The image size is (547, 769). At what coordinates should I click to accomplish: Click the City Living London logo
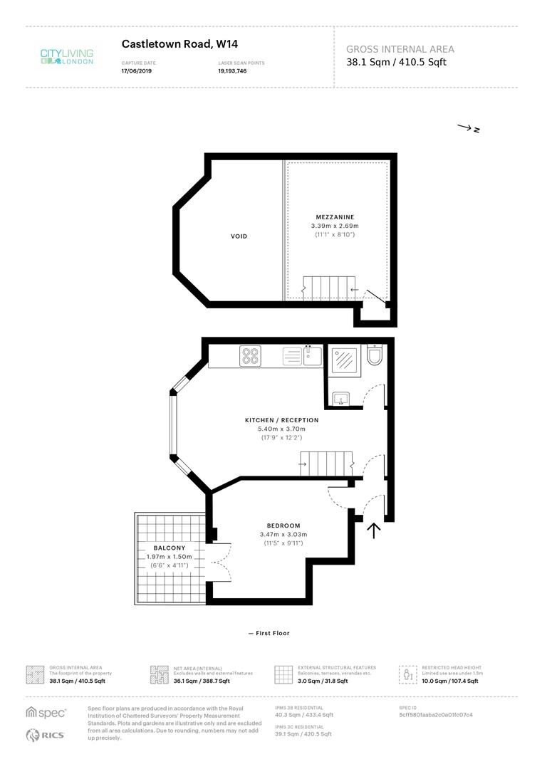coord(66,56)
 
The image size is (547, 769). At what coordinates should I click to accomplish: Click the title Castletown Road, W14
coord(167,44)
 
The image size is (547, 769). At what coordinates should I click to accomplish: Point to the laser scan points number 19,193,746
coord(233,71)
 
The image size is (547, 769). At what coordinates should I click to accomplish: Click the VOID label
coord(239,236)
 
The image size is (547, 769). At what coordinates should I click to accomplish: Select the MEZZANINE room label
coord(335,216)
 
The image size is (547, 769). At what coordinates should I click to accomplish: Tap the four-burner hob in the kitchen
coord(250,355)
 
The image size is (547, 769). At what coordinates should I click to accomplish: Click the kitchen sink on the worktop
coord(311,355)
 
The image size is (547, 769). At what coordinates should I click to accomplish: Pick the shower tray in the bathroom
coord(344,360)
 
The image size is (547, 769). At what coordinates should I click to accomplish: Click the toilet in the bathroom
coord(375,355)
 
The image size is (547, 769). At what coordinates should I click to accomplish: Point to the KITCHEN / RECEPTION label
coord(281,420)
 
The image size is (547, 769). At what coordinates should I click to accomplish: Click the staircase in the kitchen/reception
coord(326,464)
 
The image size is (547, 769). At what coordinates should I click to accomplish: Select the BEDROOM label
coord(283,525)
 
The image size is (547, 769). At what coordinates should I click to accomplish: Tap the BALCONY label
coord(169,548)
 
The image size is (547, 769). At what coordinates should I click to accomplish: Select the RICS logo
coord(46,736)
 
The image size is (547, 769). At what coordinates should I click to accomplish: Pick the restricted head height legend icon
coord(407,674)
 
